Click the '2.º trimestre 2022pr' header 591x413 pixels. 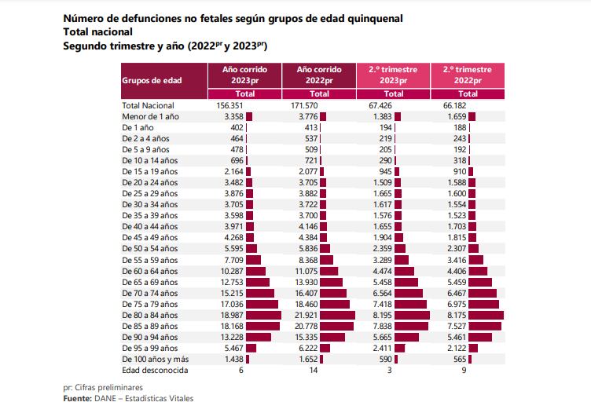coord(467,75)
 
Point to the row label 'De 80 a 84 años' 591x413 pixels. coord(150,314)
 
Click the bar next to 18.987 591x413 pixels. coord(263,314)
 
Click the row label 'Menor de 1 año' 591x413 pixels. coord(151,116)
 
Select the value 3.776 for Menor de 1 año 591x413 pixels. coord(303,116)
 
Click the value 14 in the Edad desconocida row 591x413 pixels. coord(314,369)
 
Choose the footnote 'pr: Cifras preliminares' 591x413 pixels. coord(105,388)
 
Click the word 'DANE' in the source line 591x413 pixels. coord(108,399)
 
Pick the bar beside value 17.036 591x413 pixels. coord(262,303)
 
